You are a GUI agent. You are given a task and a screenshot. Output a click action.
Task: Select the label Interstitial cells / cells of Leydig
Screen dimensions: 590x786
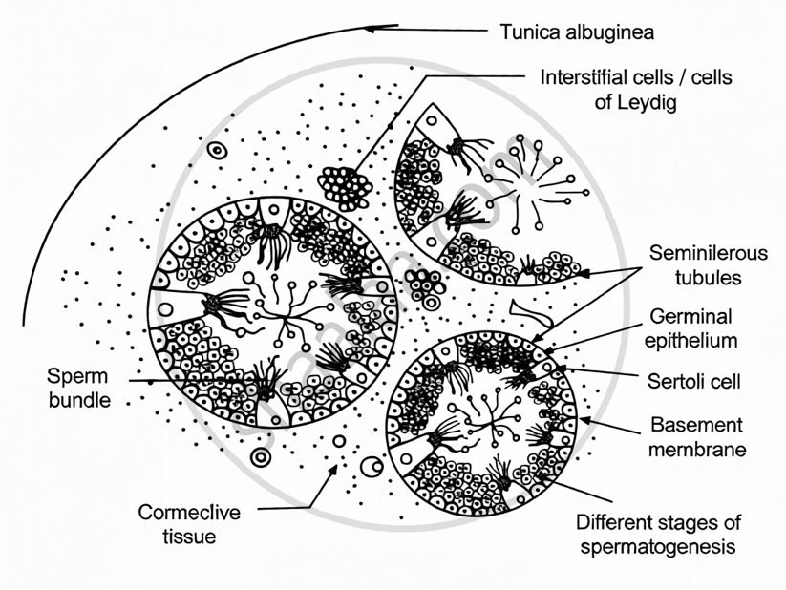(x=636, y=89)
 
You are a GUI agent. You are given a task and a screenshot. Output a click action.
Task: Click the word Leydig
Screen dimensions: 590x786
(x=649, y=102)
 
